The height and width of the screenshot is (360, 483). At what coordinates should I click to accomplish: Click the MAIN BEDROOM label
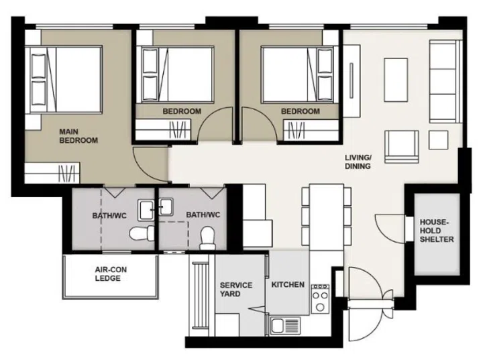pyautogui.click(x=78, y=136)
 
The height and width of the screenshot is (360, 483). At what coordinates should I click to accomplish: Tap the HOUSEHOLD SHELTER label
pyautogui.click(x=437, y=231)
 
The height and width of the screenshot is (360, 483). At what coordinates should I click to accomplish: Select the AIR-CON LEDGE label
pyautogui.click(x=111, y=274)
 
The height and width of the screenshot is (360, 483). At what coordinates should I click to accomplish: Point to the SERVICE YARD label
pyautogui.click(x=236, y=290)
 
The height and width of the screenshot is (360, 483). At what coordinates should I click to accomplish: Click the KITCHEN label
pyautogui.click(x=288, y=284)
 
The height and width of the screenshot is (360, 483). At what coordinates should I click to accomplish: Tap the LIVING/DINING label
pyautogui.click(x=358, y=162)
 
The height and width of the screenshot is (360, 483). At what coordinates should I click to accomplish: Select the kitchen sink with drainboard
pyautogui.click(x=285, y=326)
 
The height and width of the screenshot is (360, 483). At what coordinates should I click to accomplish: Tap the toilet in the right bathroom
pyautogui.click(x=207, y=238)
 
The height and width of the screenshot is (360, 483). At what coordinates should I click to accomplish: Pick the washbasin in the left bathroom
pyautogui.click(x=146, y=210)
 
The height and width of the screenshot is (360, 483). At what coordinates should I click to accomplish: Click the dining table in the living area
pyautogui.click(x=327, y=217)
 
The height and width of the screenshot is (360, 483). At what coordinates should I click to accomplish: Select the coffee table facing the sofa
pyautogui.click(x=396, y=80)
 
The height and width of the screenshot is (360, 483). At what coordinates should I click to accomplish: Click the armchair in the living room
pyautogui.click(x=402, y=147)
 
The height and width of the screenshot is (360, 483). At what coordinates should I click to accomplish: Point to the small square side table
pyautogui.click(x=438, y=140)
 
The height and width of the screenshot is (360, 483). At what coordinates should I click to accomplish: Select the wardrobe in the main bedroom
pyautogui.click(x=52, y=173)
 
